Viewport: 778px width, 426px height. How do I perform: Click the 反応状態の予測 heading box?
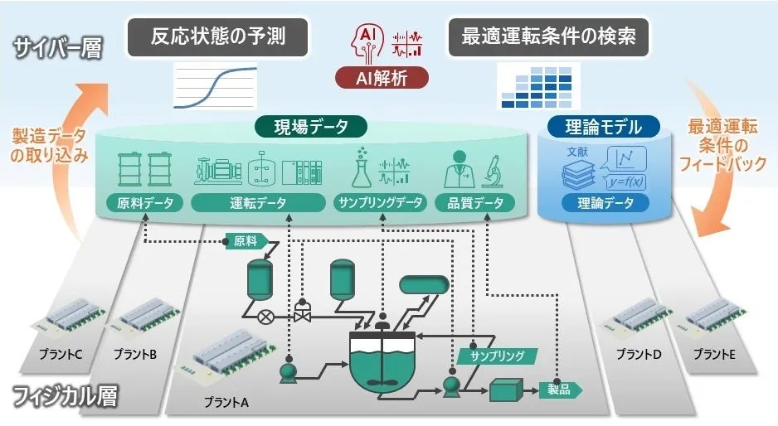219,37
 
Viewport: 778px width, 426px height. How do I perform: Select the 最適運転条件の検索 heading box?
547,37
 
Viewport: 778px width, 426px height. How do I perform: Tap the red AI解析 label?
382,78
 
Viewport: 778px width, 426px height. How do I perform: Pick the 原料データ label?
140,202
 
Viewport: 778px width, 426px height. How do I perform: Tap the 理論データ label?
604,202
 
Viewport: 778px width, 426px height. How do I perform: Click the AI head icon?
369,41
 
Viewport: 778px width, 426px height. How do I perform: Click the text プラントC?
61,355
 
